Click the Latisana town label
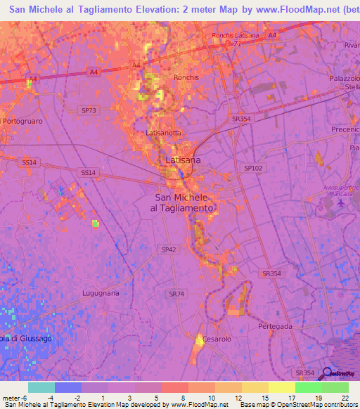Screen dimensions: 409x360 point(182,161)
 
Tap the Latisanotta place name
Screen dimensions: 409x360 point(162,132)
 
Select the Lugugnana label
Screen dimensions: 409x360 point(100,293)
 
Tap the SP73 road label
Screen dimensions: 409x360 point(89,110)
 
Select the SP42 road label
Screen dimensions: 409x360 point(169,249)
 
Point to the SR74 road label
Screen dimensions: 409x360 point(176,293)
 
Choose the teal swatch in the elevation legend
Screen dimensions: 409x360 point(41,387)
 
